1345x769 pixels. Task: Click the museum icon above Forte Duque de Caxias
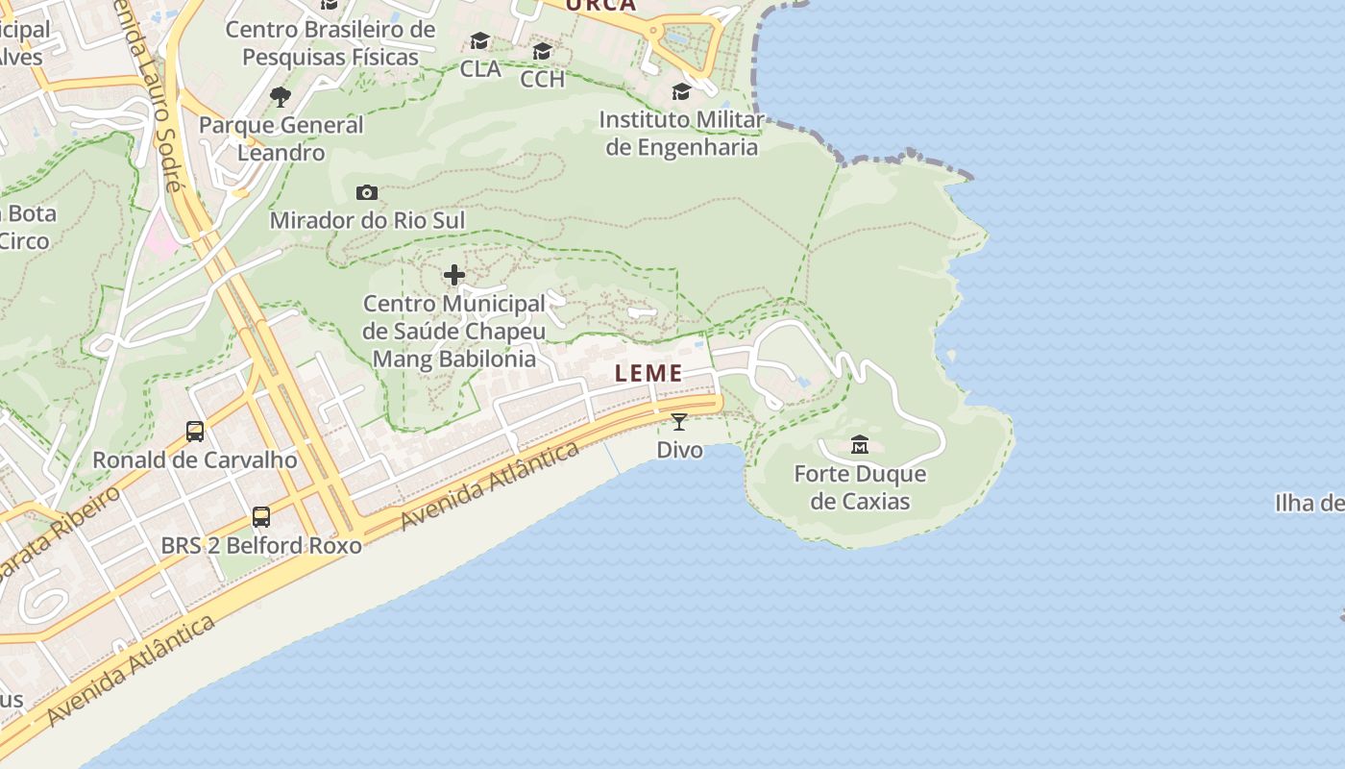click(860, 445)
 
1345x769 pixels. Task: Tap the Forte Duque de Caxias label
click(860, 487)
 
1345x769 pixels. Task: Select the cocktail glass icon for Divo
click(679, 421)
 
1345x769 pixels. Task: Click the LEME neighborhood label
click(648, 374)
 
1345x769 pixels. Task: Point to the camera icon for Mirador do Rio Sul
click(366, 192)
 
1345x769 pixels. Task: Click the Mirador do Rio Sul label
click(367, 220)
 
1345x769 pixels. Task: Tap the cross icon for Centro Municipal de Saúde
click(454, 276)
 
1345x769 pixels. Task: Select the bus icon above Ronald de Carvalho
click(195, 431)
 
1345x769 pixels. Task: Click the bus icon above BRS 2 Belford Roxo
click(260, 516)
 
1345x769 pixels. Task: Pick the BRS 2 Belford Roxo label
click(261, 546)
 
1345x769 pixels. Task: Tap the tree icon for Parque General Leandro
click(281, 96)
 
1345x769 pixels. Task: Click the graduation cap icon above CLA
click(479, 40)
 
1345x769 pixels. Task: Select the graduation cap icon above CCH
click(543, 51)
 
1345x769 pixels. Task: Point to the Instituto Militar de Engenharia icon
click(681, 91)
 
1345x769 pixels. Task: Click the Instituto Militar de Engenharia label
click(680, 134)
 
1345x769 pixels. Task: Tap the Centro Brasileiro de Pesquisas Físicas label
click(330, 43)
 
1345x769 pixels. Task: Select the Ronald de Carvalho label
click(195, 459)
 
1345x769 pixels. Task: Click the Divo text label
click(679, 450)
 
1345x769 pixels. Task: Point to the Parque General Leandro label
click(281, 138)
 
